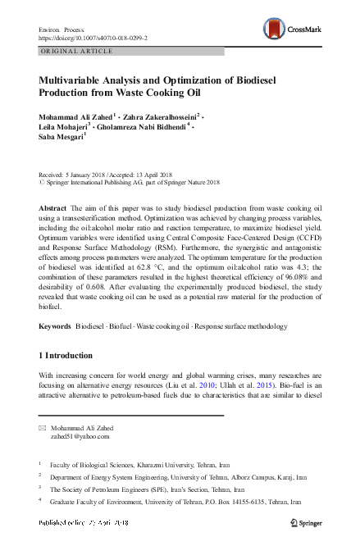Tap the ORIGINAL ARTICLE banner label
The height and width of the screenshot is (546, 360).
pyautogui.click(x=76, y=51)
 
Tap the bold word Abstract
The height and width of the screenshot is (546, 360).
pyautogui.click(x=52, y=209)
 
